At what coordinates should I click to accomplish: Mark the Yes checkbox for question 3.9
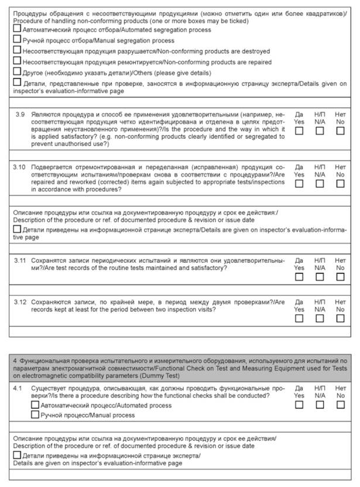[299, 131]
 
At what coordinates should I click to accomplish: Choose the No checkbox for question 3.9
[340, 131]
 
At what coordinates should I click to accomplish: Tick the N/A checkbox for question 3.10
[320, 183]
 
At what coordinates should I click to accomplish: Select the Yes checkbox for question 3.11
[299, 277]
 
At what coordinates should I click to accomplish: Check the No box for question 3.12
[340, 319]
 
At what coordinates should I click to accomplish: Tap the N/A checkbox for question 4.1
[320, 404]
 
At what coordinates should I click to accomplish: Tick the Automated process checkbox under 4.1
[35, 405]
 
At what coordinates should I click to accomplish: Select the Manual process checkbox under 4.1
[35, 415]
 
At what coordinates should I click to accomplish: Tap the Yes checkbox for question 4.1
[299, 404]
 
